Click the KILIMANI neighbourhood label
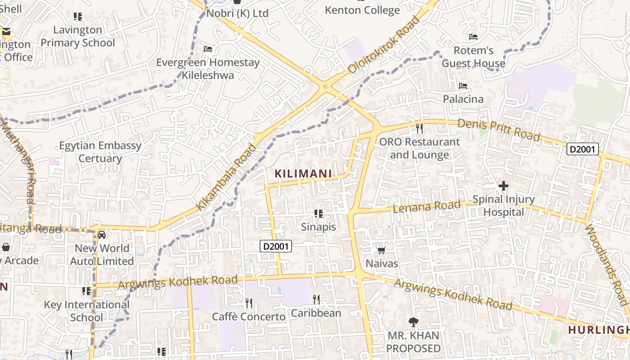tap(303, 173)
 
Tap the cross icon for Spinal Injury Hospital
tap(504, 185)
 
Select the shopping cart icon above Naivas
tap(382, 250)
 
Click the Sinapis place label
tap(319, 227)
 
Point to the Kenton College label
tap(362, 10)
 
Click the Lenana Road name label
tap(427, 207)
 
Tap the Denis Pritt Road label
tap(499, 130)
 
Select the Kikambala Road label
tap(226, 176)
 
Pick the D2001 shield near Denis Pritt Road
tap(582, 149)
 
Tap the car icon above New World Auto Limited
tap(102, 234)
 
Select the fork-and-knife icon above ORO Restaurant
tap(419, 129)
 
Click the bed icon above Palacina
tap(463, 85)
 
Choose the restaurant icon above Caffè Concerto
tap(248, 303)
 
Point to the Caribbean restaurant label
tap(316, 313)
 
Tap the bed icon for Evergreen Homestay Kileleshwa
tap(207, 49)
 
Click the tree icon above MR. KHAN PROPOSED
tap(413, 322)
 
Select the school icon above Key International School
tap(86, 291)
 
